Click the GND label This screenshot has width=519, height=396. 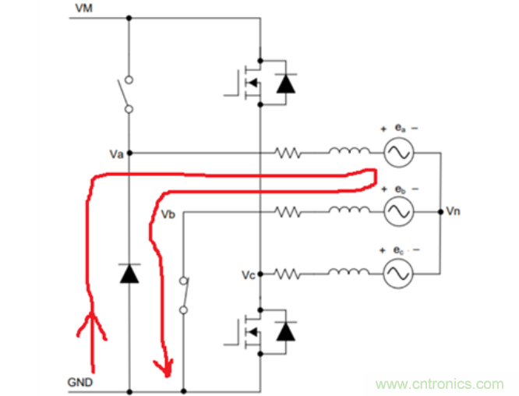coord(80,382)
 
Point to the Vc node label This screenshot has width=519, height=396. coord(248,275)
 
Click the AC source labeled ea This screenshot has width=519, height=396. coord(397,154)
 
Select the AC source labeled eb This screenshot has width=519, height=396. coord(397,210)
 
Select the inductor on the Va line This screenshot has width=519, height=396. coord(344,152)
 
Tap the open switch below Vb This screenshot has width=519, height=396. coord(183,295)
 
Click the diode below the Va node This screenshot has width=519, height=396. coord(129,273)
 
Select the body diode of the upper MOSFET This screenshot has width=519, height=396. coord(287,83)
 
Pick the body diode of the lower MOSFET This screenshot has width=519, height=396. coord(287,332)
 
